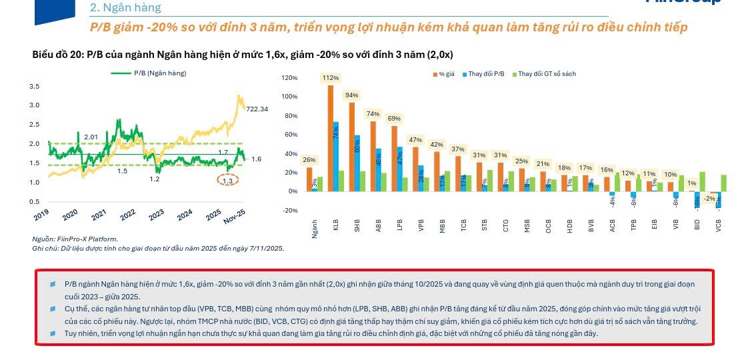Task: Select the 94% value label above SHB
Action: (x=351, y=95)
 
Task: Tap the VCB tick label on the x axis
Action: (x=719, y=226)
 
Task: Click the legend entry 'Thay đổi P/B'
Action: (x=485, y=74)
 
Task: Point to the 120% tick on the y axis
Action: (x=289, y=78)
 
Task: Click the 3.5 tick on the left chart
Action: (x=34, y=87)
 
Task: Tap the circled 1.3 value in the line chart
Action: (x=228, y=181)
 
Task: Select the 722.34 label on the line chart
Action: (x=257, y=109)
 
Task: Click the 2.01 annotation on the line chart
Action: (x=91, y=137)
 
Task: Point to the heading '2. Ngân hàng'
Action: (x=125, y=8)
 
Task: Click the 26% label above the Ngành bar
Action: (x=309, y=160)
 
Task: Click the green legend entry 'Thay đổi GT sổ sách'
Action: (x=546, y=74)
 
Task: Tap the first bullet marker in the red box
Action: (x=53, y=284)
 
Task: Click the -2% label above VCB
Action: (x=710, y=198)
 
